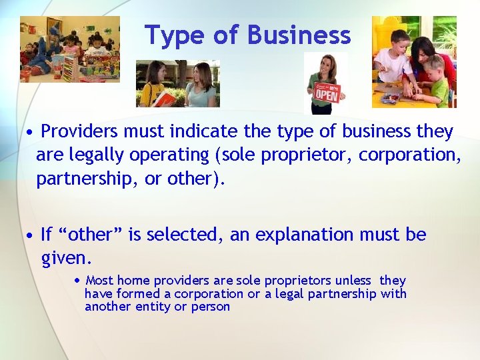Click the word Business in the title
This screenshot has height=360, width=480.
coord(299,35)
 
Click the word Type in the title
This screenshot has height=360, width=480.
coord(173,35)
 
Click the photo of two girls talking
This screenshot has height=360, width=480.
coord(178,84)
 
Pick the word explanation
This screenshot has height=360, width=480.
coord(294,235)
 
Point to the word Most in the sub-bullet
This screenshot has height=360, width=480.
coord(100,281)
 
